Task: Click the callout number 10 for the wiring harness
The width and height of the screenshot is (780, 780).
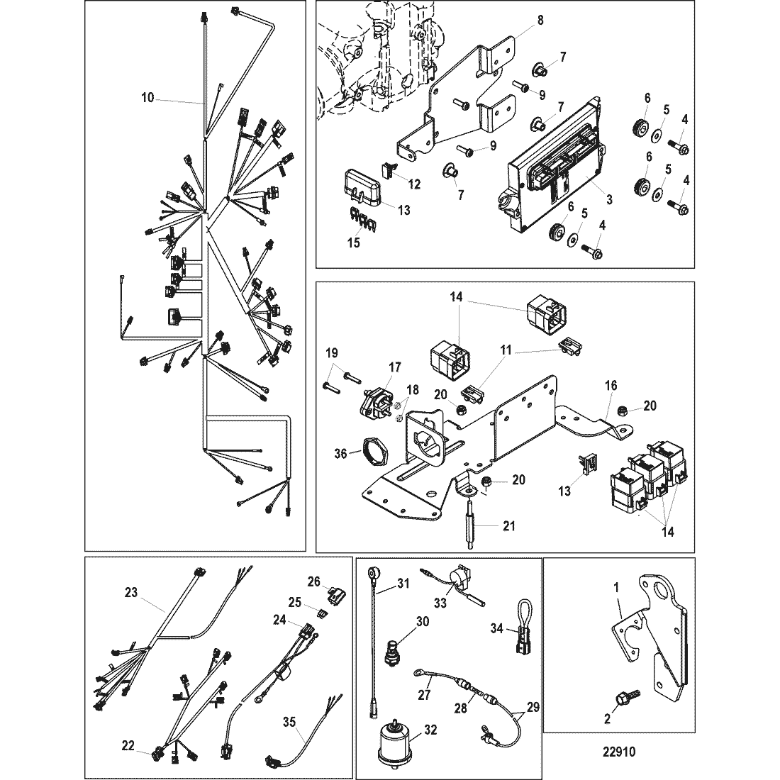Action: click(147, 99)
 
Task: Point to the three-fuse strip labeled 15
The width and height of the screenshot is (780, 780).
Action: click(361, 223)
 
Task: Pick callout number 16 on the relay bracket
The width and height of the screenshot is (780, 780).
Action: click(611, 385)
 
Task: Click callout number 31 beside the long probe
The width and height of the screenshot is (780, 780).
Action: click(403, 584)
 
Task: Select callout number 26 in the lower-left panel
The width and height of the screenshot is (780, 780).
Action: click(314, 583)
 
